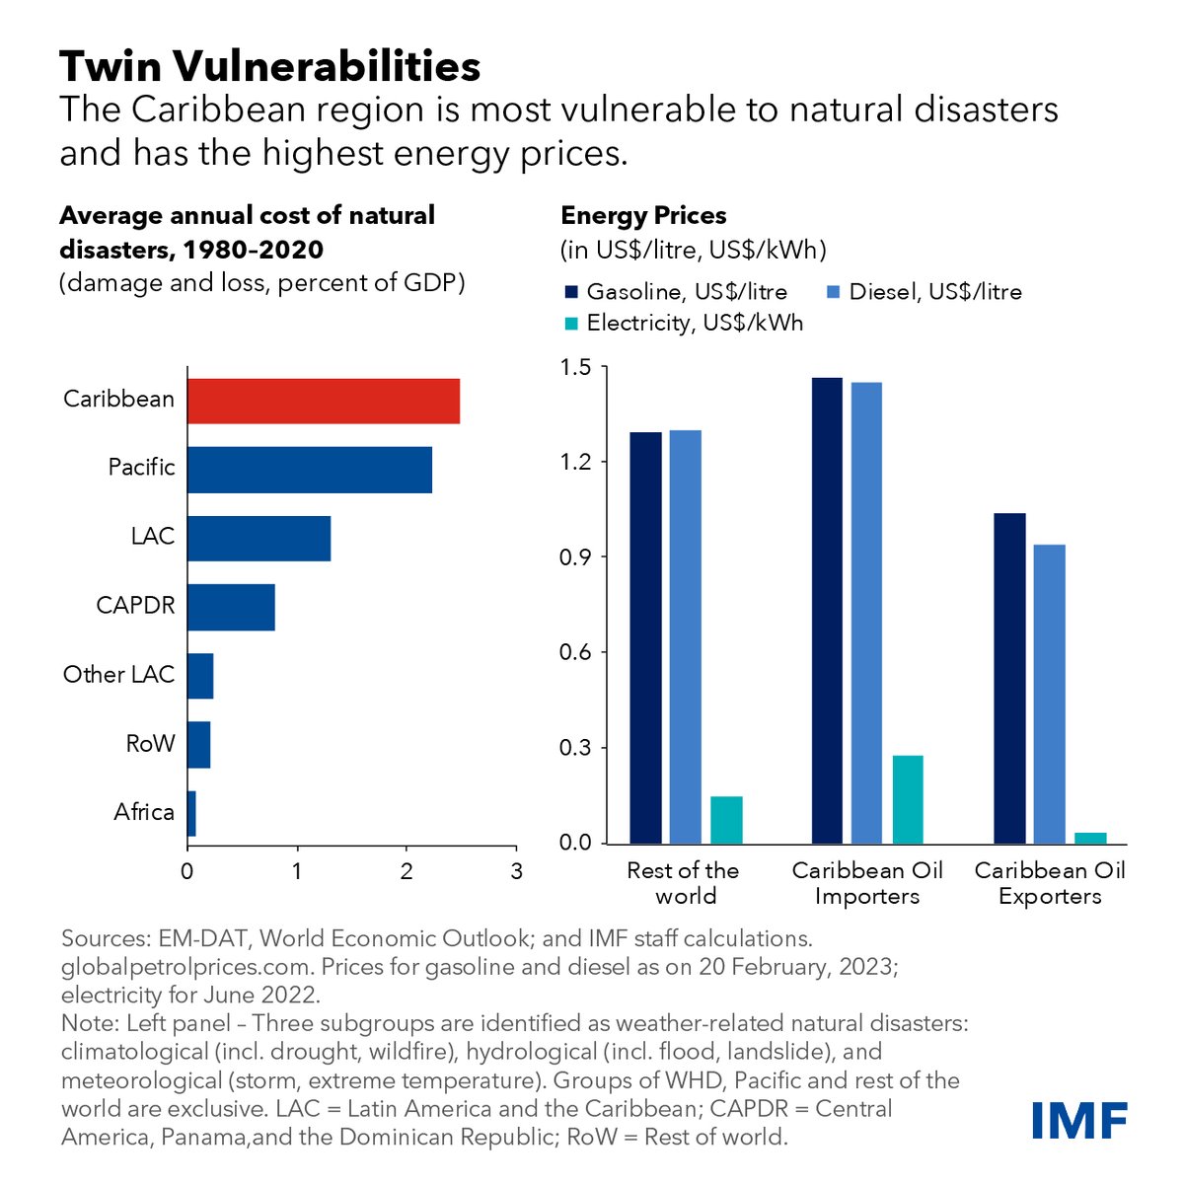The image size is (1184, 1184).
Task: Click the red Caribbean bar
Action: (324, 401)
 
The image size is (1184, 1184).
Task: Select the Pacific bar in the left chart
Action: (310, 469)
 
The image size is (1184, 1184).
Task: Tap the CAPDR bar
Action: (231, 607)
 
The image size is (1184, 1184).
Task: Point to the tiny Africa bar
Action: (191, 813)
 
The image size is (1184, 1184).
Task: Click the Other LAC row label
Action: (118, 675)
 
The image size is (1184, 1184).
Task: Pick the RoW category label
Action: (150, 743)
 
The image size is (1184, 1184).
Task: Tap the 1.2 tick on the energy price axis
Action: (575, 462)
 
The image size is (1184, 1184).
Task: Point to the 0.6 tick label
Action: (575, 652)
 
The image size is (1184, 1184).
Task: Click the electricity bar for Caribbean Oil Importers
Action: (908, 799)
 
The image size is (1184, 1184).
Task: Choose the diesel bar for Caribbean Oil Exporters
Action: (1049, 694)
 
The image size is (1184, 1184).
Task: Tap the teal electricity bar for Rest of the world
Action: (726, 819)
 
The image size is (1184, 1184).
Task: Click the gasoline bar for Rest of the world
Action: (645, 637)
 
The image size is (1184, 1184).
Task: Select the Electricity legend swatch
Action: (571, 323)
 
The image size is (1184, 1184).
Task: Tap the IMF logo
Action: (1079, 1120)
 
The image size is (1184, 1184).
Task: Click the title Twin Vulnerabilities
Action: (270, 66)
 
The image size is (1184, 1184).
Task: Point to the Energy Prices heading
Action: (643, 215)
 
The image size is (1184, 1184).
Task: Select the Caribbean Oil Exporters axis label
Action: (1050, 883)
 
